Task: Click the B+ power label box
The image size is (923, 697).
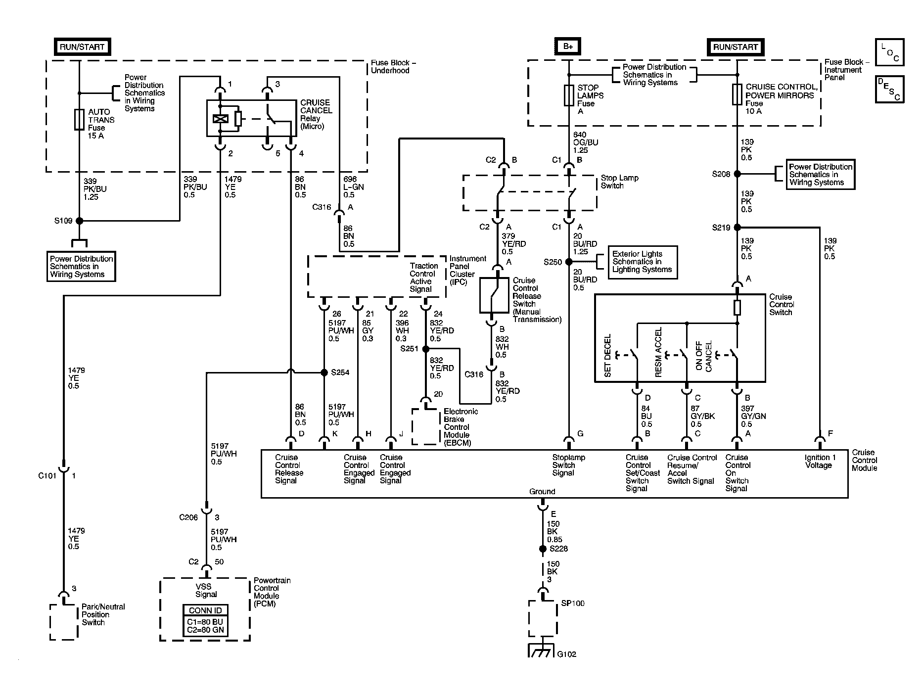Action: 568,47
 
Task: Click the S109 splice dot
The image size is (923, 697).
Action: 79,221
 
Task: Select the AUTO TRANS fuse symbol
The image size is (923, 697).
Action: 79,120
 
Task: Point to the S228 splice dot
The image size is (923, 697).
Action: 543,549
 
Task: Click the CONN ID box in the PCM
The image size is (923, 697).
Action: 206,621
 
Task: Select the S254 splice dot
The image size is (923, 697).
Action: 324,372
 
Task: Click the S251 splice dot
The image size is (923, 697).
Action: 425,349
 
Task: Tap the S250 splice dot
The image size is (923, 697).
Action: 569,262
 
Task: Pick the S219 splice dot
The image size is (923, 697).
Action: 737,228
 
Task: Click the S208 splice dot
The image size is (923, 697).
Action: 737,174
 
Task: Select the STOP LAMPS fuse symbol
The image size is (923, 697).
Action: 569,95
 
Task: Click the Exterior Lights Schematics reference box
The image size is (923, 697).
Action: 643,262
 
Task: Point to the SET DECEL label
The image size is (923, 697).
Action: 607,356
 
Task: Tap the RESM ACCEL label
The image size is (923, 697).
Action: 658,352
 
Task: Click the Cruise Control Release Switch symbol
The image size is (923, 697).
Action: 494,295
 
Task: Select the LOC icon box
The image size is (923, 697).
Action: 889,52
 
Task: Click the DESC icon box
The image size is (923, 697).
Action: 889,89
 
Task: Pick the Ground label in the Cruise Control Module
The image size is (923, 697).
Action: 542,491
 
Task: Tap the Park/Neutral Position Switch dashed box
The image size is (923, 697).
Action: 64,622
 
